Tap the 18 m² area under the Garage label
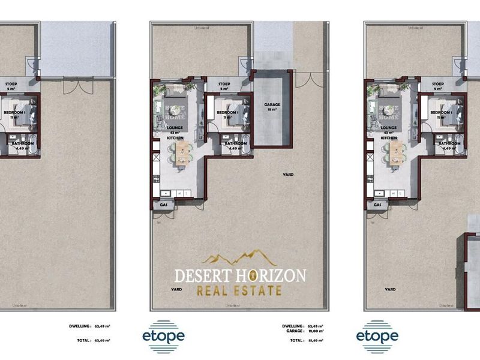pyautogui.click(x=272, y=110)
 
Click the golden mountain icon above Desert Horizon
pyautogui.click(x=239, y=259)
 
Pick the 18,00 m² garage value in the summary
pyautogui.click(x=314, y=331)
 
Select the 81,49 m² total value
pyautogui.click(x=314, y=340)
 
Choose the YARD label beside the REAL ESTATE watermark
pyautogui.click(x=176, y=289)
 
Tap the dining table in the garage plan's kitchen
pyautogui.click(x=178, y=155)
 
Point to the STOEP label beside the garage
pyautogui.click(x=224, y=85)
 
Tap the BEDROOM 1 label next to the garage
pyautogui.click(x=227, y=112)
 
